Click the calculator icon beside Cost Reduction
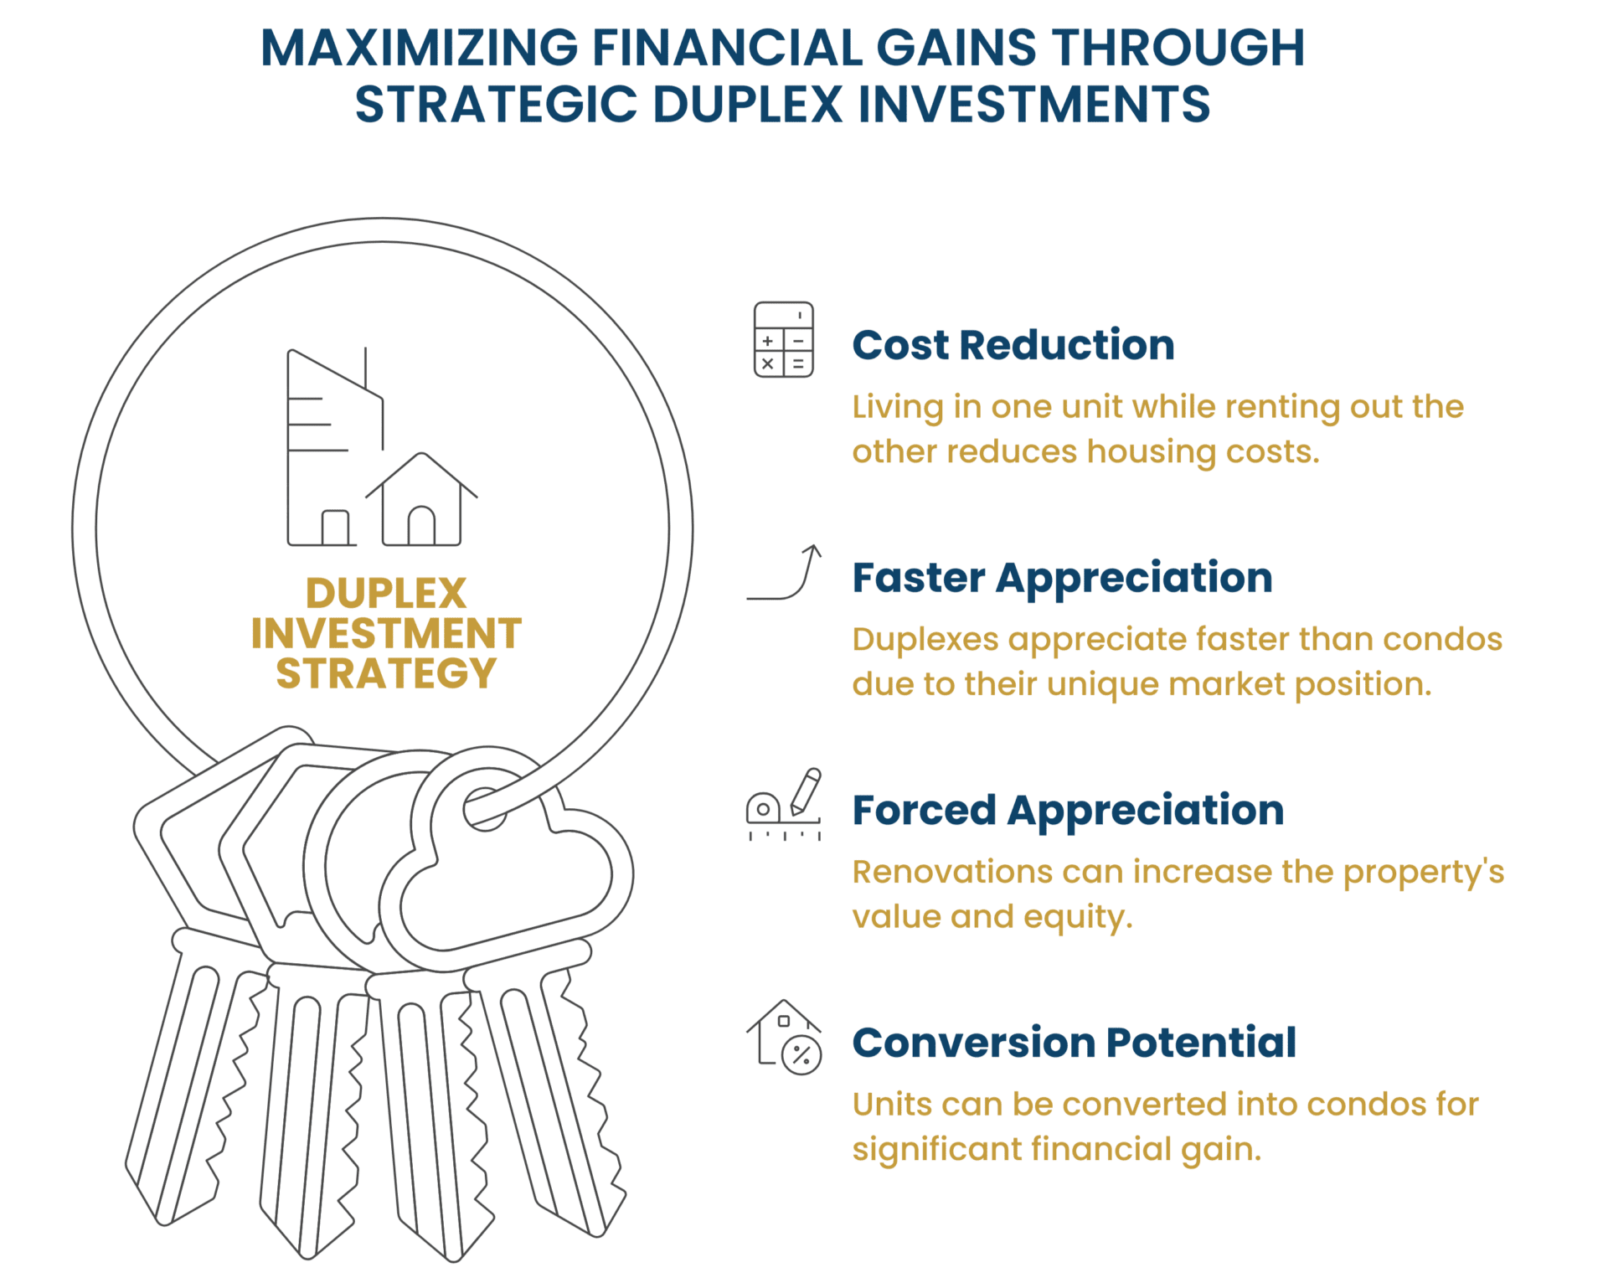coord(783,340)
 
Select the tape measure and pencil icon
coord(784,804)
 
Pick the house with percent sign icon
coord(784,1037)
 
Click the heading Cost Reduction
coord(1013,345)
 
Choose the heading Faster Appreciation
coord(1062,579)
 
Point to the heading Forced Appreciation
coord(1068,811)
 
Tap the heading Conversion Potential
coord(1075,1043)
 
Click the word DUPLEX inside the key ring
coord(386,594)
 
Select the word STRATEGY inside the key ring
coord(386,673)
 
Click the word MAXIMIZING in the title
coord(419,48)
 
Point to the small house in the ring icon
coord(421,499)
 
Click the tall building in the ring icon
coord(335,447)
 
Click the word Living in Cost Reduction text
coord(898,408)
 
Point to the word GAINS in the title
coord(956,48)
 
